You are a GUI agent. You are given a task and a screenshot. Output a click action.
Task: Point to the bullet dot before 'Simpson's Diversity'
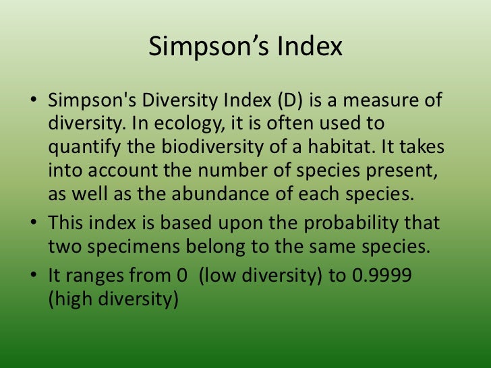click(x=33, y=101)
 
